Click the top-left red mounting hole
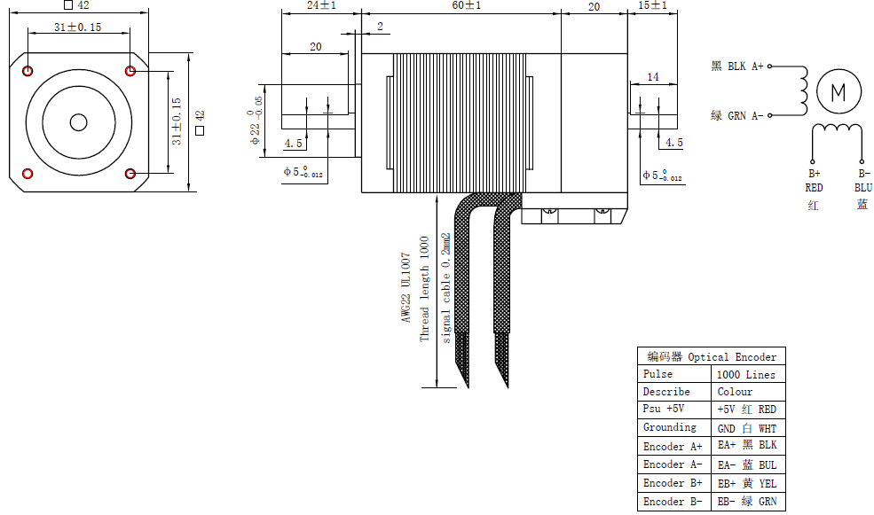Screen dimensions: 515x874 click(28, 71)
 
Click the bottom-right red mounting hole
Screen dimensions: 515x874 click(130, 173)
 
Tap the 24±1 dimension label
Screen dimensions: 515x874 click(321, 6)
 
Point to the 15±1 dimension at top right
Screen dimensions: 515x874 click(653, 6)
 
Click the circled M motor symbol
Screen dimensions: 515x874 click(838, 91)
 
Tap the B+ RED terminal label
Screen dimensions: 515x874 click(814, 181)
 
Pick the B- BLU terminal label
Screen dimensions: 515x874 click(862, 181)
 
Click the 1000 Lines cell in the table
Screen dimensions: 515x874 click(745, 375)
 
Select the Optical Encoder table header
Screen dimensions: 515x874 click(712, 357)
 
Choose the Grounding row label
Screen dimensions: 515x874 click(670, 427)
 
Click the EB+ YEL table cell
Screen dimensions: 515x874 click(746, 483)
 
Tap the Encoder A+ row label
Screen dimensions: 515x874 click(673, 447)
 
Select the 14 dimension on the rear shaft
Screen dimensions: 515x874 click(652, 78)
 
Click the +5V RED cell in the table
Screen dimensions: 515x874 click(746, 410)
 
